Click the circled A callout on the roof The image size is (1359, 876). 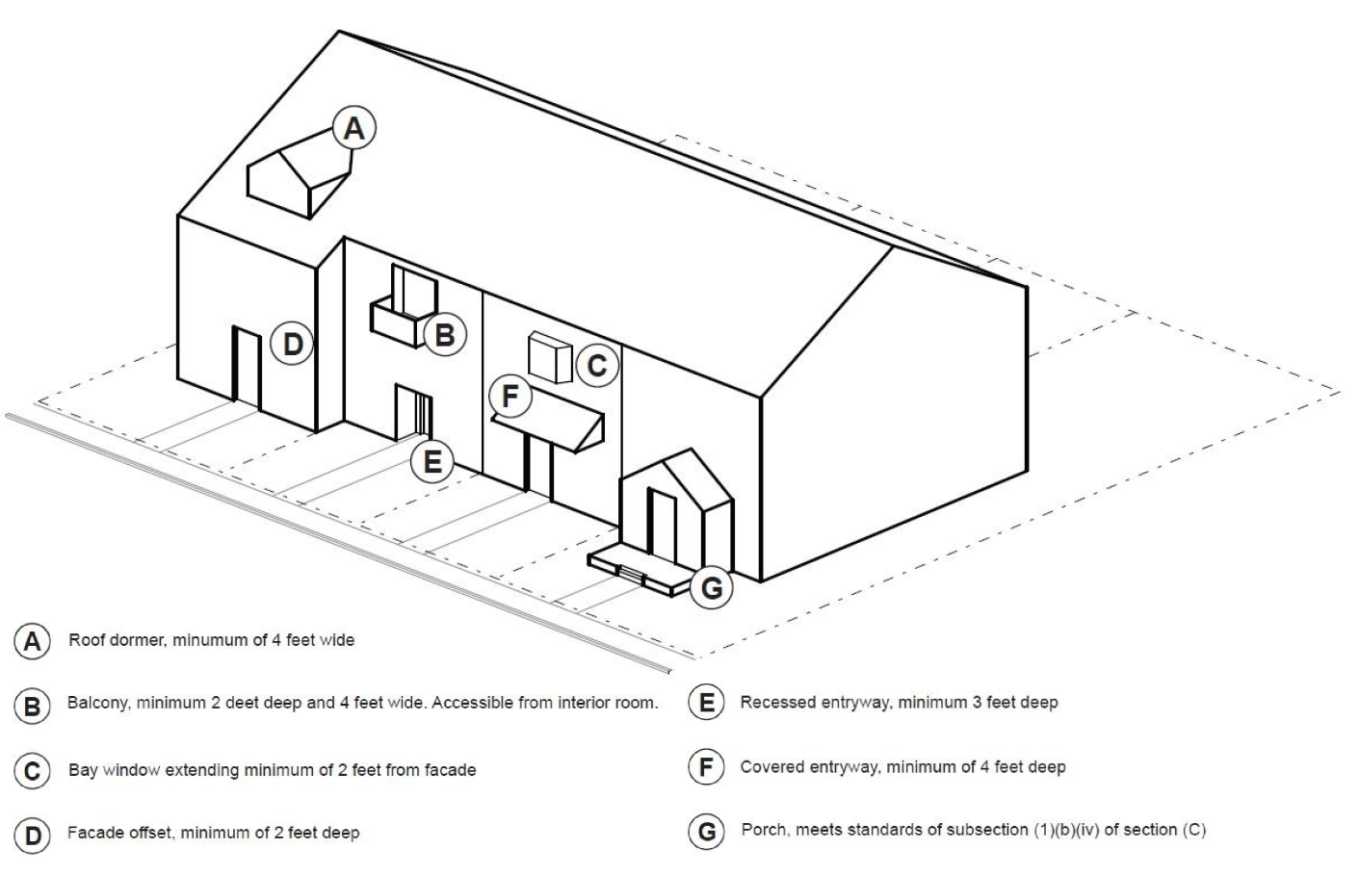[354, 128]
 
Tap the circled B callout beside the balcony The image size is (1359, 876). [445, 334]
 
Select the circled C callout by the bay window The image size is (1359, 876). [597, 366]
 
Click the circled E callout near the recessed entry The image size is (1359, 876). [432, 462]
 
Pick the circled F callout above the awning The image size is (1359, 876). [510, 396]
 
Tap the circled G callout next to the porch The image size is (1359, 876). [712, 587]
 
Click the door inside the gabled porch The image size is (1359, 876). [662, 525]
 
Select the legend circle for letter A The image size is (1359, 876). [33, 641]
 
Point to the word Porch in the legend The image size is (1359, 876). [762, 829]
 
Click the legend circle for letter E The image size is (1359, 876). [706, 703]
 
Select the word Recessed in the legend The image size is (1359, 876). [773, 703]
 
